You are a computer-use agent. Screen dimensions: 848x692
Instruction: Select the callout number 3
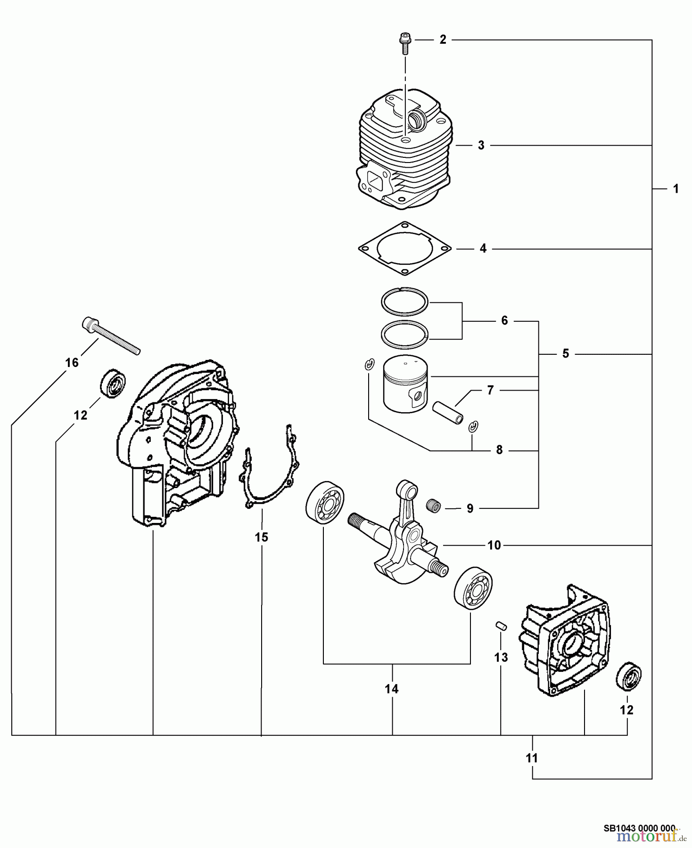[481, 145]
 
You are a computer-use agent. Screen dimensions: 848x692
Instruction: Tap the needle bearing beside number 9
[432, 505]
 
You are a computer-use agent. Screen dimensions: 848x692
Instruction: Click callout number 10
[494, 545]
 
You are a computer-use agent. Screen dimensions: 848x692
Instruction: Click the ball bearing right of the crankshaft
[473, 589]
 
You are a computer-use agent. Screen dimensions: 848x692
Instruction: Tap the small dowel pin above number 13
[501, 626]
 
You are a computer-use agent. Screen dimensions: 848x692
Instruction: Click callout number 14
[391, 689]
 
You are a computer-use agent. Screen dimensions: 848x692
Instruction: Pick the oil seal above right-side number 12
[628, 677]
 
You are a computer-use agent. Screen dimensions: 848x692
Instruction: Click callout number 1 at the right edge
[676, 189]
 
